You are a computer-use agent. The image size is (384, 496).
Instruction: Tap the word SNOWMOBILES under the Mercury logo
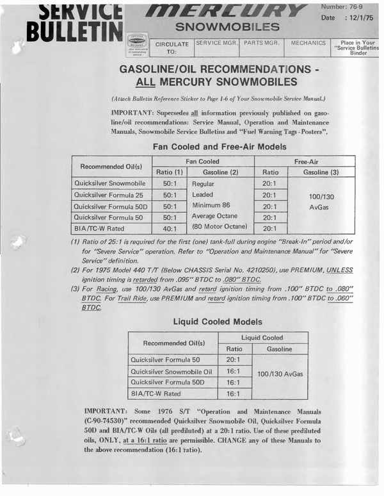[x=227, y=27]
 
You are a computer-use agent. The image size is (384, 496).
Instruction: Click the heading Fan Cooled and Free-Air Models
[x=219, y=146]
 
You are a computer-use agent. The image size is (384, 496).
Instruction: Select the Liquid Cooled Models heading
[x=218, y=321]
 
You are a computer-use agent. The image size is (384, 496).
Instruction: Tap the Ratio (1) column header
[x=169, y=172]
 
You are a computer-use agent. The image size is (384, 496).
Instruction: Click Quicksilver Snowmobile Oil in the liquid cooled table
[x=171, y=372]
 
